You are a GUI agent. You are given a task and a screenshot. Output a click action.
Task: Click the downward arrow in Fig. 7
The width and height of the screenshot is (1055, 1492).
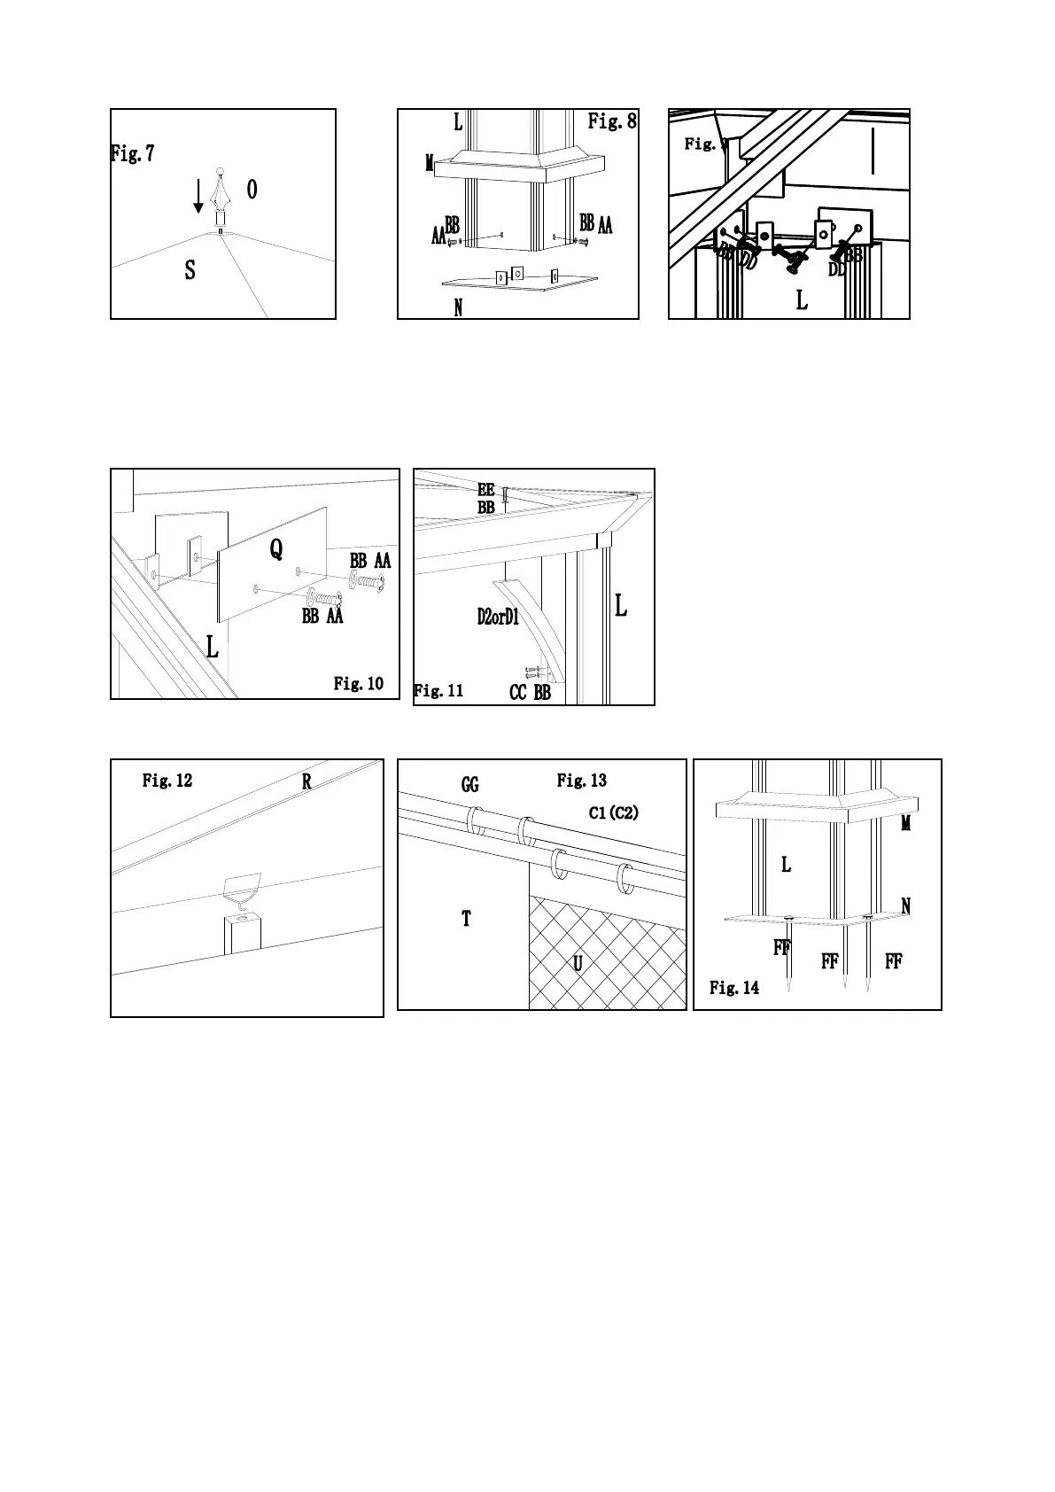tap(198, 196)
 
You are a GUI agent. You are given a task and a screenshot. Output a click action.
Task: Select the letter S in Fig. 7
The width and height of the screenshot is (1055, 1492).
tap(190, 270)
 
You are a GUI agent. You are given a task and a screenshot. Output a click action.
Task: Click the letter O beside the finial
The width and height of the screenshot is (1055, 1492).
tap(252, 189)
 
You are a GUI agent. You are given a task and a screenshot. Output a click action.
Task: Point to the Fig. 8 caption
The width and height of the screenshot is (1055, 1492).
tap(612, 121)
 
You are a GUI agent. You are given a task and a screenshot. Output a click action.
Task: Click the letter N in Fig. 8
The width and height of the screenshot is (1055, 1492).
tap(458, 307)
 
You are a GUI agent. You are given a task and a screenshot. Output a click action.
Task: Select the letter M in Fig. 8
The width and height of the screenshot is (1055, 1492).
tap(430, 163)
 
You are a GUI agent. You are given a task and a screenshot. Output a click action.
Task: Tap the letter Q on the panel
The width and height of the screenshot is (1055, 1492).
tap(276, 550)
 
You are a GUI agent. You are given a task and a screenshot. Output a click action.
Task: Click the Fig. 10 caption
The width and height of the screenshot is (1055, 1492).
tap(359, 683)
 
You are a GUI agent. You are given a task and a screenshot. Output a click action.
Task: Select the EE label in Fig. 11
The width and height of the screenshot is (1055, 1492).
tap(486, 490)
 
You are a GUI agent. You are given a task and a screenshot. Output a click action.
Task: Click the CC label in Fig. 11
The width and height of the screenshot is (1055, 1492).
tap(518, 693)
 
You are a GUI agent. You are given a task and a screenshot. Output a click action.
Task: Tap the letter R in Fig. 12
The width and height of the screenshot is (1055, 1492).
tap(306, 781)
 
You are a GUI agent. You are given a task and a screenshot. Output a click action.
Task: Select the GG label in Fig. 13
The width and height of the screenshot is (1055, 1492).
tap(470, 785)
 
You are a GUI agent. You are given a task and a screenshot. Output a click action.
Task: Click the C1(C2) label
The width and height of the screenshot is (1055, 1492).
tap(613, 812)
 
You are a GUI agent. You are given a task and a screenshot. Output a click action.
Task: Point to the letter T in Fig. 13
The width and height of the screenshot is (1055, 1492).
tap(466, 919)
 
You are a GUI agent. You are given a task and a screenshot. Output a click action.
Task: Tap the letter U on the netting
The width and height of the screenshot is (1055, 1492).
tap(578, 963)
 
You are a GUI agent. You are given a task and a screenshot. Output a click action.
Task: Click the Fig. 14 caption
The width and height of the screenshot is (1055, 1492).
tap(734, 988)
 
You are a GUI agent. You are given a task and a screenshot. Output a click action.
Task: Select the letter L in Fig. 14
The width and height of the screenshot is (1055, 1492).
tap(786, 864)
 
